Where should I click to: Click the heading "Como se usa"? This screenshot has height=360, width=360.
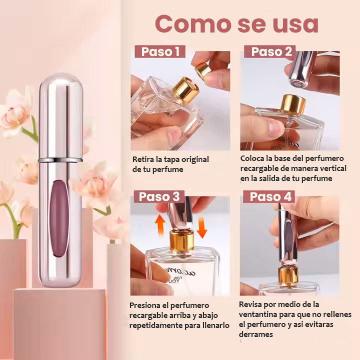click(x=236, y=23)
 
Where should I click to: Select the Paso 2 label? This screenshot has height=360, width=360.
click(x=270, y=51)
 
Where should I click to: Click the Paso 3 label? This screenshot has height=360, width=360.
click(x=159, y=197)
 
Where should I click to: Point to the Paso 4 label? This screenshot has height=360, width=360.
click(x=270, y=197)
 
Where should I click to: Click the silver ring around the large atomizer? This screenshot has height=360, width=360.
click(x=61, y=160)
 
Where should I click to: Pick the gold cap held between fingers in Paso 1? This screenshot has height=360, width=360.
click(x=203, y=69)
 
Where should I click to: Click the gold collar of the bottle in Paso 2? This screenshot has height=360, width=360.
click(x=293, y=104)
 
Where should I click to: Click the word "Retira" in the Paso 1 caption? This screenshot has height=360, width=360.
click(x=143, y=159)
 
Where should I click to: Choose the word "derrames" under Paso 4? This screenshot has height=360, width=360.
click(x=256, y=334)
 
